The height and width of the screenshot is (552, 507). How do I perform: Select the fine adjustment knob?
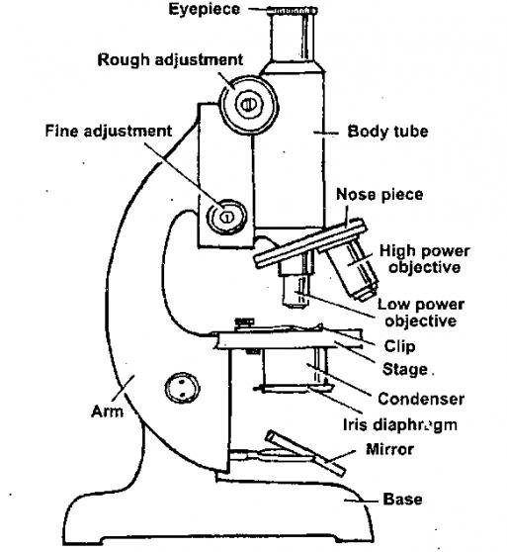[x=226, y=214]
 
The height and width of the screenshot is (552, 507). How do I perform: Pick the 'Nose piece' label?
[x=379, y=195]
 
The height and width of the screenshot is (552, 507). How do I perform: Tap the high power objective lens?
[x=350, y=270]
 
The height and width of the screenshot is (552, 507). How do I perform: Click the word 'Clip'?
[x=399, y=346]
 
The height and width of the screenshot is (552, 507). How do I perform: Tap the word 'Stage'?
[x=403, y=370]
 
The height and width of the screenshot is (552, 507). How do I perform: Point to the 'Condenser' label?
[x=420, y=399]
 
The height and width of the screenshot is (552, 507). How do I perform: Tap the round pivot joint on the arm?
[x=180, y=387]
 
